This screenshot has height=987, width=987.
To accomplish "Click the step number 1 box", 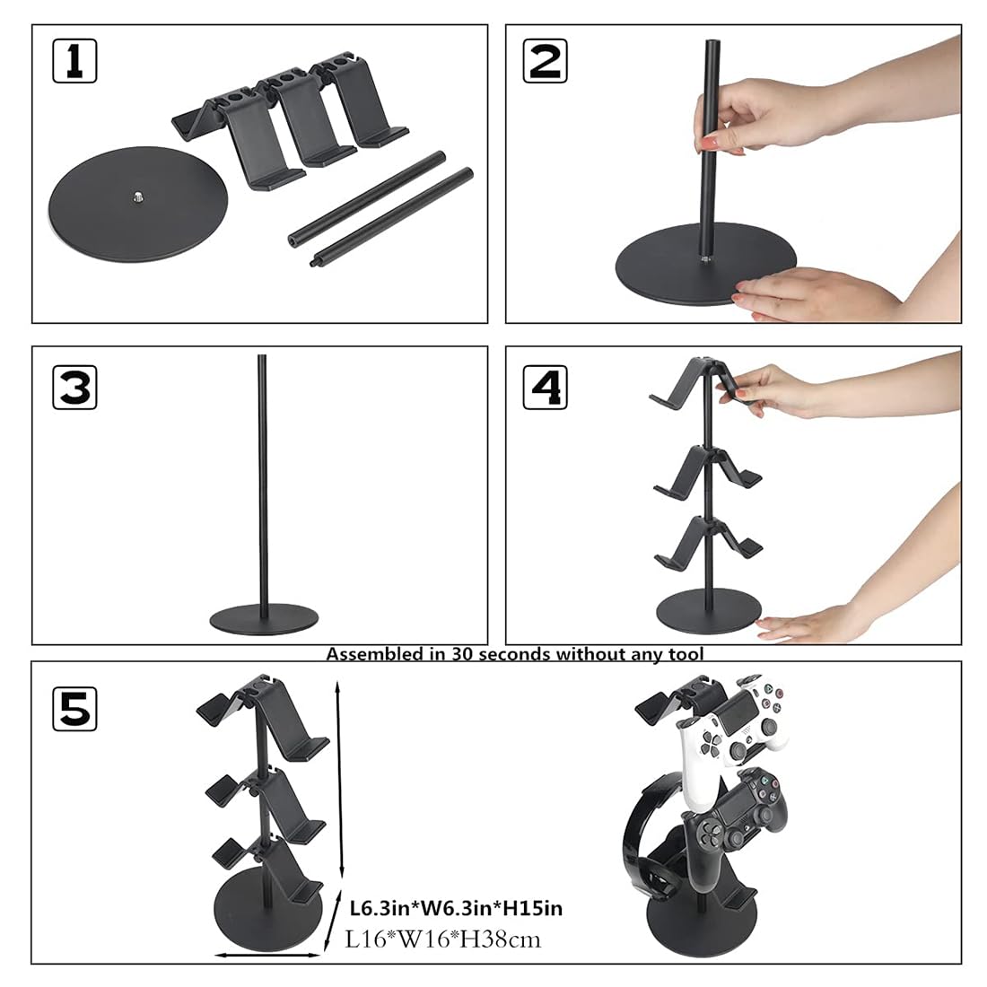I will (x=74, y=61).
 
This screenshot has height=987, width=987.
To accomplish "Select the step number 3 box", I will (x=74, y=387).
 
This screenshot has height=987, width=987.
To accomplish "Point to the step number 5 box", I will (x=74, y=706).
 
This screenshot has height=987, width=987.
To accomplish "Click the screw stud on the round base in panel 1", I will (x=140, y=194).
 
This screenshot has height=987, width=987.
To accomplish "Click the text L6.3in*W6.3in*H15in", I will (x=456, y=908).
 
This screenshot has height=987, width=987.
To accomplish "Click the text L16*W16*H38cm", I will (x=443, y=939).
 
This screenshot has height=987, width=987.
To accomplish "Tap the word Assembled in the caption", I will (x=370, y=654).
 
